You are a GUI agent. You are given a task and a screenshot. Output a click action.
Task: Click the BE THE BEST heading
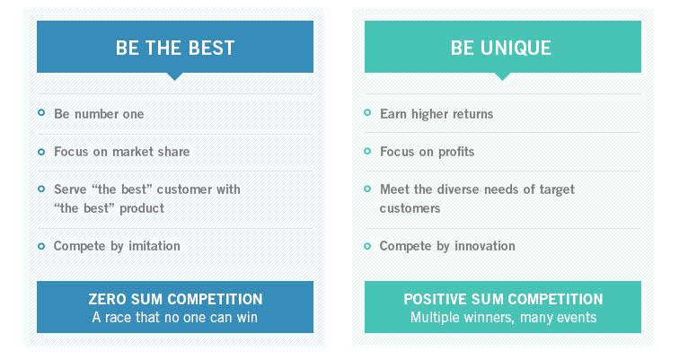coord(175,48)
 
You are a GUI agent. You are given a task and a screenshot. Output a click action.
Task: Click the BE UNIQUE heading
coord(501,48)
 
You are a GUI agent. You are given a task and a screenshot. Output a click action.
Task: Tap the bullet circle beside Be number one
coord(41,113)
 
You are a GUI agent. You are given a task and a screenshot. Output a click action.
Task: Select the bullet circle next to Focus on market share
coord(41,152)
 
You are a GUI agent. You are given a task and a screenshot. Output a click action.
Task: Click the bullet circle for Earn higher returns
coord(367,113)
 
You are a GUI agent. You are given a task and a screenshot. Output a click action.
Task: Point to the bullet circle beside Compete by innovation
coord(367,246)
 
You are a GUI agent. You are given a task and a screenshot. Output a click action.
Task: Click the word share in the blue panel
coord(174,152)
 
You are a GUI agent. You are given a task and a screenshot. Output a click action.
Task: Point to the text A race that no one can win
coord(174,317)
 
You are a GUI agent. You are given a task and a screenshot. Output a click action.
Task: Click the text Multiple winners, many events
coord(503,317)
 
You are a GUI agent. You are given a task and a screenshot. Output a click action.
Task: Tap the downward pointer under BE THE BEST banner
coord(174,76)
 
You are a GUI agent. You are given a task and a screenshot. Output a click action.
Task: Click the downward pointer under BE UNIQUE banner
coord(502,76)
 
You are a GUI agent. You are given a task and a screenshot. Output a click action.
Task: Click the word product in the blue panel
coord(142,208)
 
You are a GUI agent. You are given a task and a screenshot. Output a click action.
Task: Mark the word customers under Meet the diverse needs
coord(410,208)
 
